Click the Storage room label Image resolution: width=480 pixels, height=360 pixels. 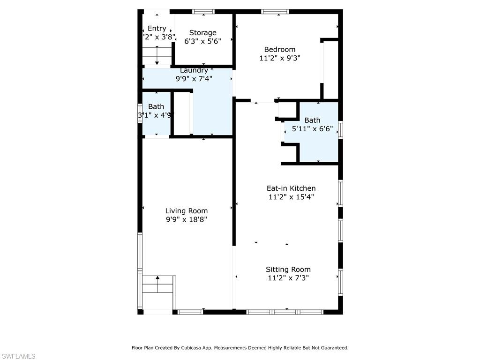[x=202, y=33]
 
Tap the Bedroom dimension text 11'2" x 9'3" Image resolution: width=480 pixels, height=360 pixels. [x=279, y=58]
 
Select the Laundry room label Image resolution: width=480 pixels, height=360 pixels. [x=194, y=70]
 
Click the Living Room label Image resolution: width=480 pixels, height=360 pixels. [x=186, y=211]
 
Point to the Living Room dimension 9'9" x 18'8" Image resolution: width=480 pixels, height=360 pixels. [x=186, y=219]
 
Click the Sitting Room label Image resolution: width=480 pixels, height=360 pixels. [x=288, y=270]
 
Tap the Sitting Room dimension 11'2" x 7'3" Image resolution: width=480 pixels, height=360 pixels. [x=288, y=278]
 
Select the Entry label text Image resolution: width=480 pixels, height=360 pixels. [x=157, y=29]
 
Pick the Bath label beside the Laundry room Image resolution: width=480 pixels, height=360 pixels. [x=156, y=107]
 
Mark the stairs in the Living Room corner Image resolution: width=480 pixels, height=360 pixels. [x=158, y=284]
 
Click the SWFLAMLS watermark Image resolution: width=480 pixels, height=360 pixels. [x=18, y=357]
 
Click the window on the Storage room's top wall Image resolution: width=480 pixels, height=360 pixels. [x=203, y=11]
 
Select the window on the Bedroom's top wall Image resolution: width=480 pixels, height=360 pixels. [x=275, y=11]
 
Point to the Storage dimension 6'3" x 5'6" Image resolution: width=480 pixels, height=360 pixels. [x=202, y=41]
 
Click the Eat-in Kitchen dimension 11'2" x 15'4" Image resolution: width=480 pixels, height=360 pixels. [x=291, y=197]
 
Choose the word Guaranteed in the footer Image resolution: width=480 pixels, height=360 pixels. [x=332, y=348]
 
